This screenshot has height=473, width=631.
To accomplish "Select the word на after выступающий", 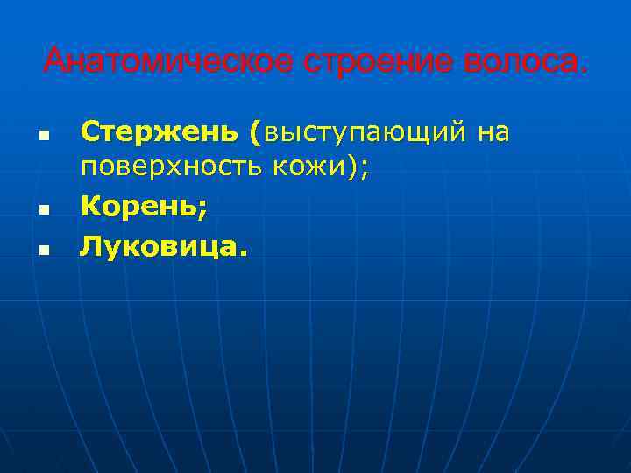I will [493, 132].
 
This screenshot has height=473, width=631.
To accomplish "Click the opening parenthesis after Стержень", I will [254, 134].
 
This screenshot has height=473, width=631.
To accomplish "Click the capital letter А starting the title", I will [54, 62].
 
